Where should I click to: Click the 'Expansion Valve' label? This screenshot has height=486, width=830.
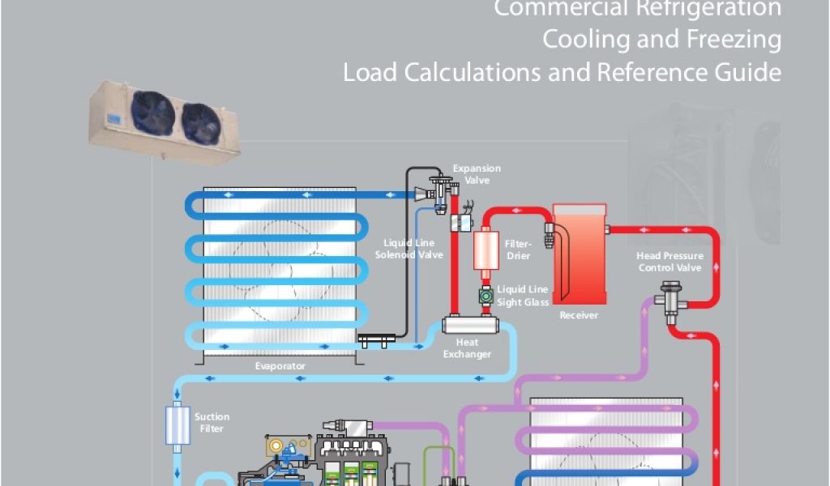pyautogui.click(x=477, y=174)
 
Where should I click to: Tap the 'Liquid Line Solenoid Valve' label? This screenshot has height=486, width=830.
pyautogui.click(x=409, y=249)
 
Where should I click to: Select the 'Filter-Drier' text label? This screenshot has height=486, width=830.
pyautogui.click(x=518, y=249)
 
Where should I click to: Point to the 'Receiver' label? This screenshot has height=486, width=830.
pyautogui.click(x=579, y=315)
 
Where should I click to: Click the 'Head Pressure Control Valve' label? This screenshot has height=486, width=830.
pyautogui.click(x=670, y=262)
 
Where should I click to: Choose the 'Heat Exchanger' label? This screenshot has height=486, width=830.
pyautogui.click(x=467, y=348)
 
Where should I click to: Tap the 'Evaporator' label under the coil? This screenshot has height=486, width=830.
pyautogui.click(x=280, y=366)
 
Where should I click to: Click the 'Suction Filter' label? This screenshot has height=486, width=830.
pyautogui.click(x=212, y=423)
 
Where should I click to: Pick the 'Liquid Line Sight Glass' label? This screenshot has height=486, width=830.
pyautogui.click(x=523, y=296)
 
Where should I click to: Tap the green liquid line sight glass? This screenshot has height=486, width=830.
pyautogui.click(x=485, y=297)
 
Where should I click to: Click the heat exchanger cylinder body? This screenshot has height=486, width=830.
pyautogui.click(x=468, y=326)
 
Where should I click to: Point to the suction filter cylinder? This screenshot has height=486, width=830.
pyautogui.click(x=176, y=425)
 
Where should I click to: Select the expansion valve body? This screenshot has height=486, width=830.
pyautogui.click(x=442, y=191)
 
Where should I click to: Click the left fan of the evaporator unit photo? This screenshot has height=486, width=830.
pyautogui.click(x=154, y=113)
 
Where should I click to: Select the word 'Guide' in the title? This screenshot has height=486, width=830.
pyautogui.click(x=751, y=73)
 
